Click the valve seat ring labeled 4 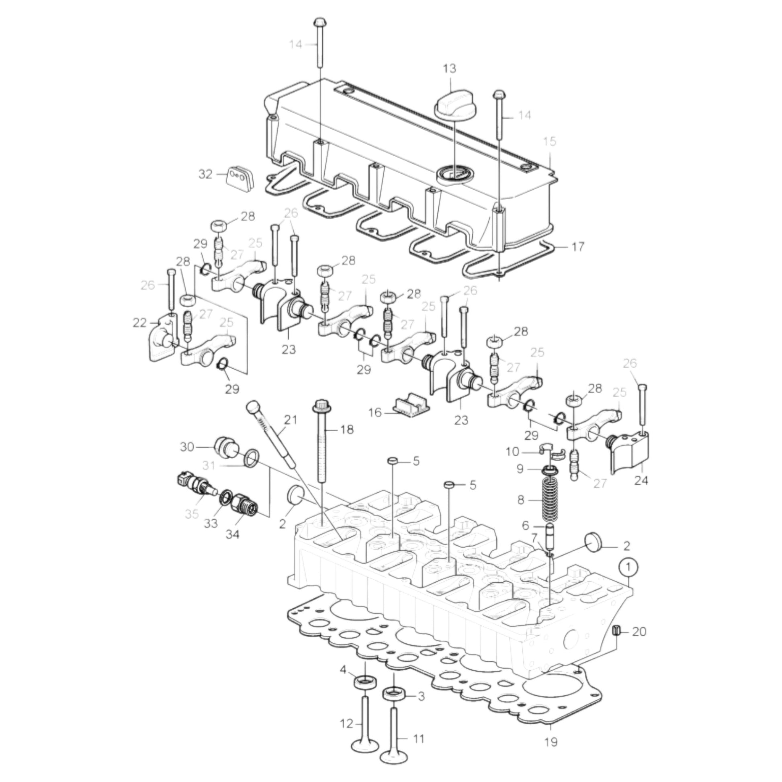click(x=366, y=682)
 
